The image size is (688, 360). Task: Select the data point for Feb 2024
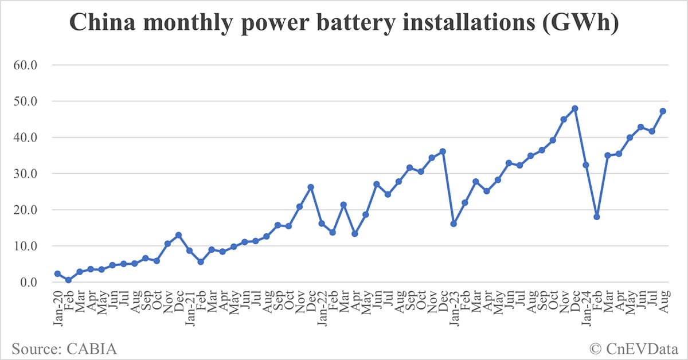coord(597,217)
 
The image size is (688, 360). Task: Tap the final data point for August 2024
coord(663,111)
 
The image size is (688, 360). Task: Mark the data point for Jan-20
coord(57,274)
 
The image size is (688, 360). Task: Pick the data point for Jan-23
coord(454,224)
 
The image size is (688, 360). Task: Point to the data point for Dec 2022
coord(443,151)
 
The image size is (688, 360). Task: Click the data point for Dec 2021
coord(311,187)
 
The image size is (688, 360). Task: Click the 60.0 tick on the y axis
coord(25,65)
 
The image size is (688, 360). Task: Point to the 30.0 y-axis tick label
coord(25,174)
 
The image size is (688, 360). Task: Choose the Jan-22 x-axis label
coord(321,307)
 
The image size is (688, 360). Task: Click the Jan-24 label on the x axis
coord(585,307)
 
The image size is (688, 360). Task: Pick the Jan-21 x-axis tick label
coord(189,307)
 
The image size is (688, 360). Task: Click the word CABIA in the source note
coord(97,347)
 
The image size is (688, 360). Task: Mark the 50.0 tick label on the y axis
coord(25,101)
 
